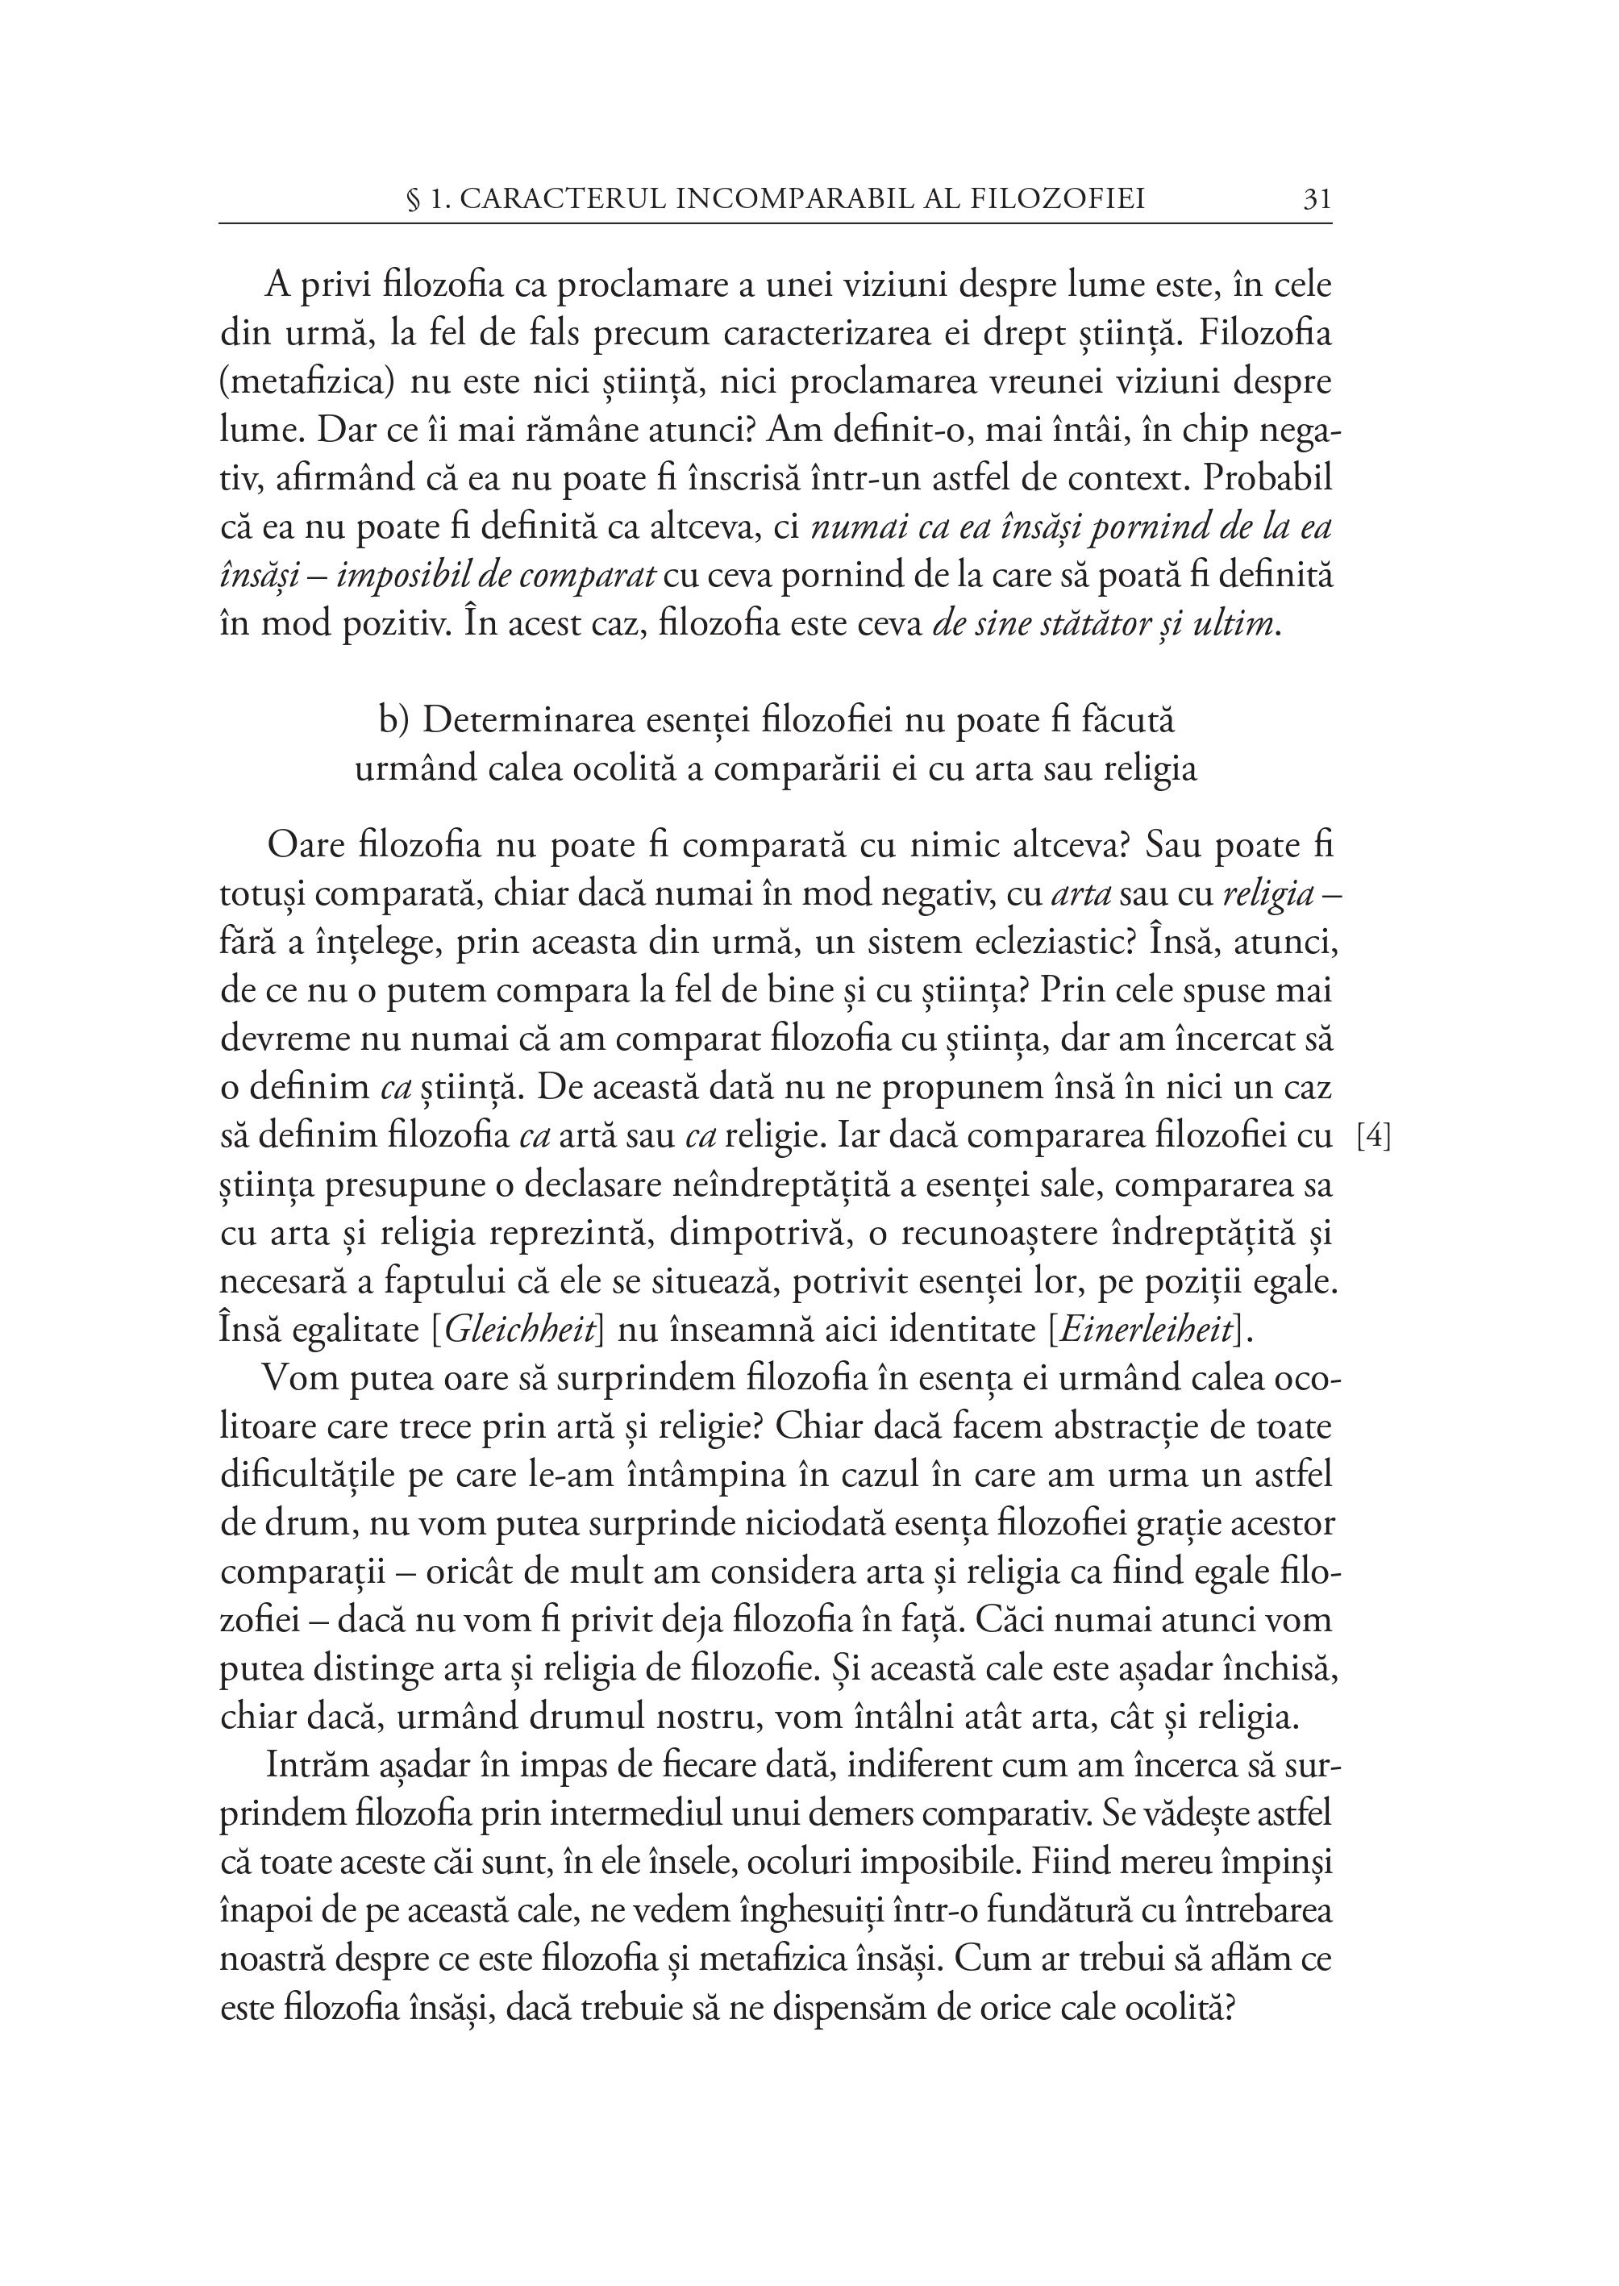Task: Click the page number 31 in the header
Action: pyautogui.click(x=1316, y=199)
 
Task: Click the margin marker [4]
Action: pyautogui.click(x=1375, y=1136)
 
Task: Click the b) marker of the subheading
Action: pyautogui.click(x=396, y=720)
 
